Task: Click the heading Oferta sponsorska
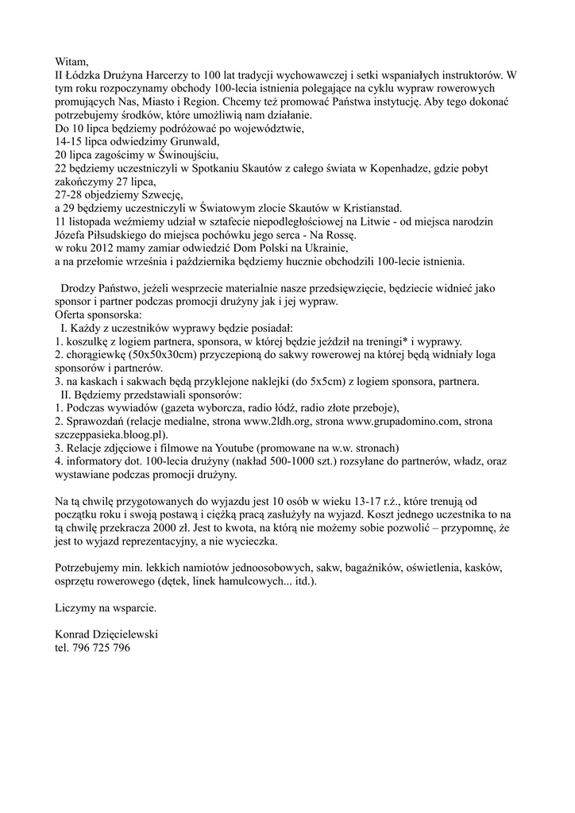click(98, 315)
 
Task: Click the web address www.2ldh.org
click(283, 422)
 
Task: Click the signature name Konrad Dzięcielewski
click(106, 634)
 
